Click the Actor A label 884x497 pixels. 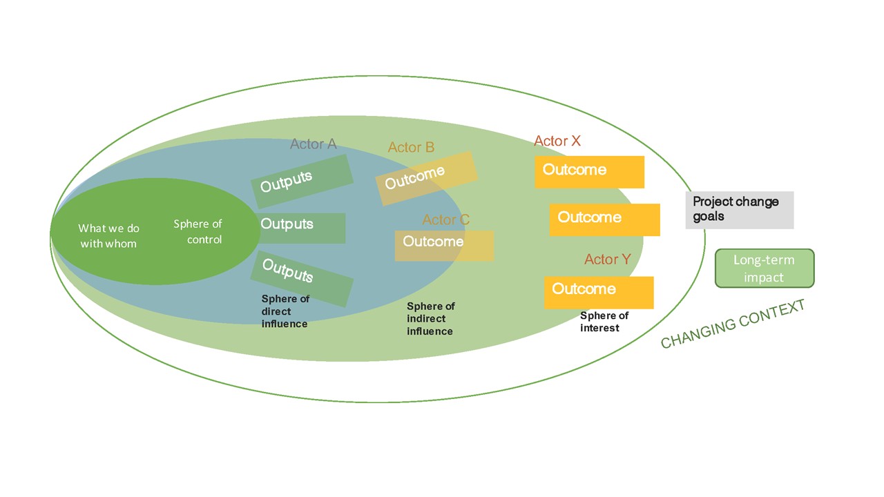click(313, 144)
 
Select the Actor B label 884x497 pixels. click(411, 147)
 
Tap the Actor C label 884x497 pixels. click(445, 220)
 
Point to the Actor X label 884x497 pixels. click(557, 141)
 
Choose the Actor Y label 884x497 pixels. click(607, 259)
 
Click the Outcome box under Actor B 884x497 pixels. click(426, 178)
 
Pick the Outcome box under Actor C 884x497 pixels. click(444, 245)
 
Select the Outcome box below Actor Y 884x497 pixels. click(599, 292)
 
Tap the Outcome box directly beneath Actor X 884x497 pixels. click(589, 172)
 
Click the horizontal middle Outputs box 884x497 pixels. click(302, 228)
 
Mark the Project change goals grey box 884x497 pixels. click(740, 210)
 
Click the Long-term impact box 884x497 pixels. click(765, 269)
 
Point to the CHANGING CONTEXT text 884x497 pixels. click(733, 324)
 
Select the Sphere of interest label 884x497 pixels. click(604, 322)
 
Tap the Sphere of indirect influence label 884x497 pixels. click(430, 319)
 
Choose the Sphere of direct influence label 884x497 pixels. click(285, 311)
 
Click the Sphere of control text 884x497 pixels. click(198, 232)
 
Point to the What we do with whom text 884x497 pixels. click(108, 235)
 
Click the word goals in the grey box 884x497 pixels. click(709, 217)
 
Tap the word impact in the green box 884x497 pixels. click(764, 277)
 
